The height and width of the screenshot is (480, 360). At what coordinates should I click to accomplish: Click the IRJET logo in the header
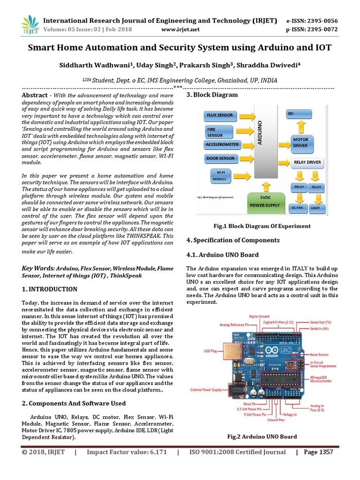click(30, 24)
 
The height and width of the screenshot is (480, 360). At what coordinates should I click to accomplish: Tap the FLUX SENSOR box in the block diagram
click(220, 115)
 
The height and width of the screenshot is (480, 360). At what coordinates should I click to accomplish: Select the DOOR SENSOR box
click(220, 159)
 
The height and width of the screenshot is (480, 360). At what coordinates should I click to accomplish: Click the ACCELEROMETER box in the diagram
click(222, 144)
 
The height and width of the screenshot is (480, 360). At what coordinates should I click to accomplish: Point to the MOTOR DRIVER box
click(300, 142)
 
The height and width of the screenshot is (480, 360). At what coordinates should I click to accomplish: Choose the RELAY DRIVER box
click(307, 163)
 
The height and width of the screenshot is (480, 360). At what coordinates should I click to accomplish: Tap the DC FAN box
click(298, 207)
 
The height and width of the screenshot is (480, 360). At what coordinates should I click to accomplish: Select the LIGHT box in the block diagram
click(315, 207)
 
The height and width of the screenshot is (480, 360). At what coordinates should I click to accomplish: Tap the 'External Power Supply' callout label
click(207, 390)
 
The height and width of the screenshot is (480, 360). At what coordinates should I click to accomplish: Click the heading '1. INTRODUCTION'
click(50, 289)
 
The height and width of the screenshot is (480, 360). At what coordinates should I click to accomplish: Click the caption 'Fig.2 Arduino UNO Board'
click(262, 436)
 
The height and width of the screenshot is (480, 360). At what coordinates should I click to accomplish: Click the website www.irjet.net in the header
click(180, 30)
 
